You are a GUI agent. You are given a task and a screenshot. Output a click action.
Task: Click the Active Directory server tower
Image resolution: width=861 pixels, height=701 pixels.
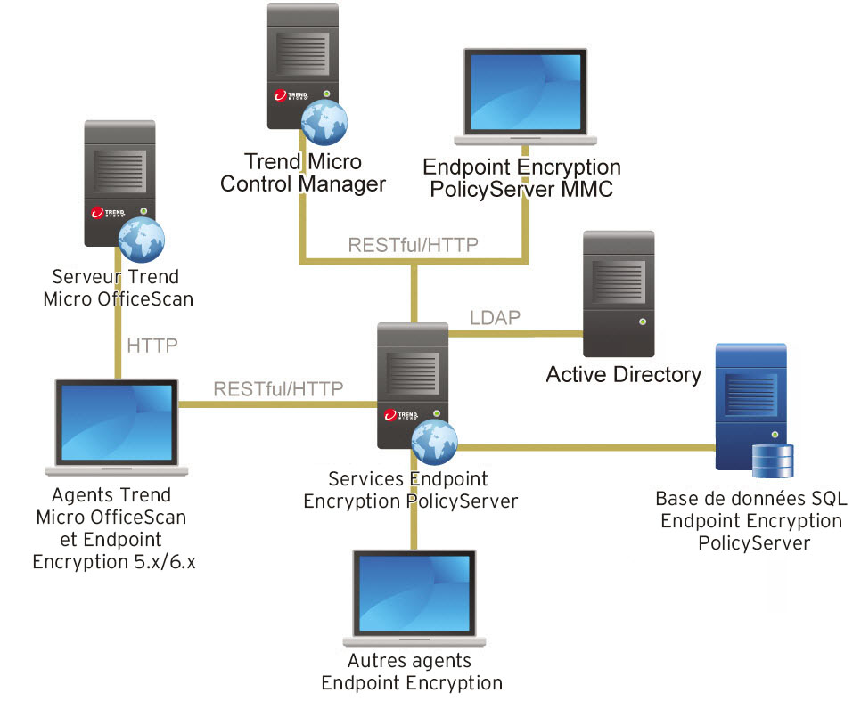[x=618, y=294]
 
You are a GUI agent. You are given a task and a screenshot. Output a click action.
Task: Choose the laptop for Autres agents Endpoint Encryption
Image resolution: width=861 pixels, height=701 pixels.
[x=413, y=597]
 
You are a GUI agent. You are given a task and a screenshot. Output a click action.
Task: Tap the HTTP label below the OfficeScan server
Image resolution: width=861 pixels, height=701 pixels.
[x=153, y=345]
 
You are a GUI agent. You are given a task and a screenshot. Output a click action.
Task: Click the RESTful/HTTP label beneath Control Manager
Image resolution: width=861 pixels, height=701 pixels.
[x=414, y=244]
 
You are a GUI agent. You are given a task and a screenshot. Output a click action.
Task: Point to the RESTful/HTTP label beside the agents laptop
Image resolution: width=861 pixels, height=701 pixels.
[x=278, y=388]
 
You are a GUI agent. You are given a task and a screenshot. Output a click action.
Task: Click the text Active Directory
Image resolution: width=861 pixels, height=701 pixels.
[x=623, y=374]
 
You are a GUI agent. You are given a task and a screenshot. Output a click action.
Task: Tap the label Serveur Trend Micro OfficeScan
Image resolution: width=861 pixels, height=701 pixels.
[x=117, y=288]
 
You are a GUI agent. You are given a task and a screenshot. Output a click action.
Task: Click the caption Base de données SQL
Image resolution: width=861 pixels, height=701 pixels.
[x=750, y=499]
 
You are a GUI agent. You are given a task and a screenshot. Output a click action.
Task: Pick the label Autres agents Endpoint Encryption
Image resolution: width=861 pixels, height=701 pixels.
[x=411, y=672]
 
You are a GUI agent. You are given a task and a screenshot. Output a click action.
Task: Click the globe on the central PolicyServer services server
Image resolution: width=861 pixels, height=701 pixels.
[x=435, y=439]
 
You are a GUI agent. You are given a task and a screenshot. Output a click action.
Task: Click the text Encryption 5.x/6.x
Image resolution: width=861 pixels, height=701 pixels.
[x=113, y=561]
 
